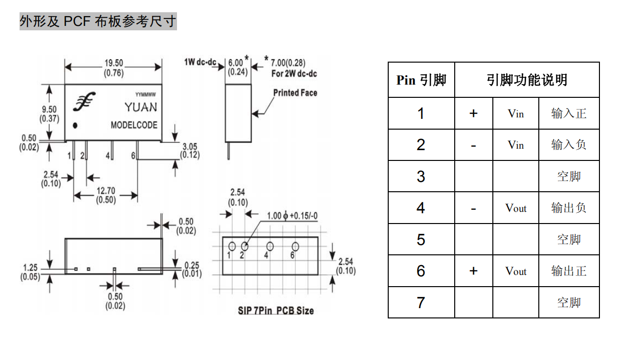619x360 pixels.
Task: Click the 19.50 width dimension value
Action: pyautogui.click(x=113, y=63)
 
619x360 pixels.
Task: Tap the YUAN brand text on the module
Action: pyautogui.click(x=141, y=107)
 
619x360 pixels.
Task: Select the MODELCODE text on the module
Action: pyautogui.click(x=134, y=125)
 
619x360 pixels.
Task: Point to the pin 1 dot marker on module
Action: pyautogui.click(x=75, y=126)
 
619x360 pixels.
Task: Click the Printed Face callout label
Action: pyautogui.click(x=295, y=93)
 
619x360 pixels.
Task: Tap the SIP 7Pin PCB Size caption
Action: pyautogui.click(x=276, y=311)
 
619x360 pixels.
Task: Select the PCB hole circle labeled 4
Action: pyautogui.click(x=270, y=247)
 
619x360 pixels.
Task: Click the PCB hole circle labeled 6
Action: pyautogui.click(x=295, y=247)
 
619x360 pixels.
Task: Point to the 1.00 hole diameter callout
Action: pyautogui.click(x=292, y=216)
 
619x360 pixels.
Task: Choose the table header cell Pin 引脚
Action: pyautogui.click(x=421, y=80)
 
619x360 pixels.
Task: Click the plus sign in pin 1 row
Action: pyautogui.click(x=473, y=113)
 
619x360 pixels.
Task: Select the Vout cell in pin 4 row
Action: pyautogui.click(x=516, y=208)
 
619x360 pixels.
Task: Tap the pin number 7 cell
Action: pyautogui.click(x=421, y=302)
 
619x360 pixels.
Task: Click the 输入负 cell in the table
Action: pyautogui.click(x=569, y=145)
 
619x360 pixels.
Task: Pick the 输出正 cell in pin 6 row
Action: pyautogui.click(x=569, y=271)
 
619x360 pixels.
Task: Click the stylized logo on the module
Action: pyautogui.click(x=84, y=101)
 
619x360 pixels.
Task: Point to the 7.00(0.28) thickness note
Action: pyautogui.click(x=288, y=63)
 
